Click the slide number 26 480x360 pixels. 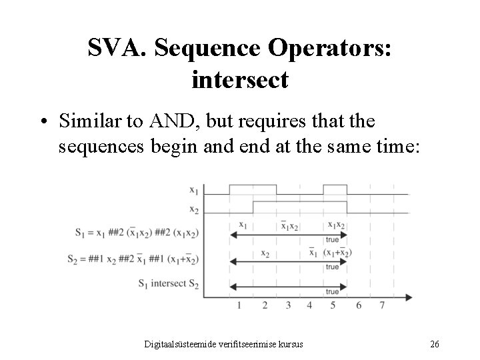tap(434, 344)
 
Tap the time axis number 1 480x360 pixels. tap(239, 305)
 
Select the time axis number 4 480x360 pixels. tap(309, 305)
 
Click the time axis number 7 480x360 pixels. tap(381, 305)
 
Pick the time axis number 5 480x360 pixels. tap(333, 305)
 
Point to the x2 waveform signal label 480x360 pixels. tap(193, 209)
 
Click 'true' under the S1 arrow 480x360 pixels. tap(332, 240)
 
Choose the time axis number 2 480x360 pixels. tap(264, 305)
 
